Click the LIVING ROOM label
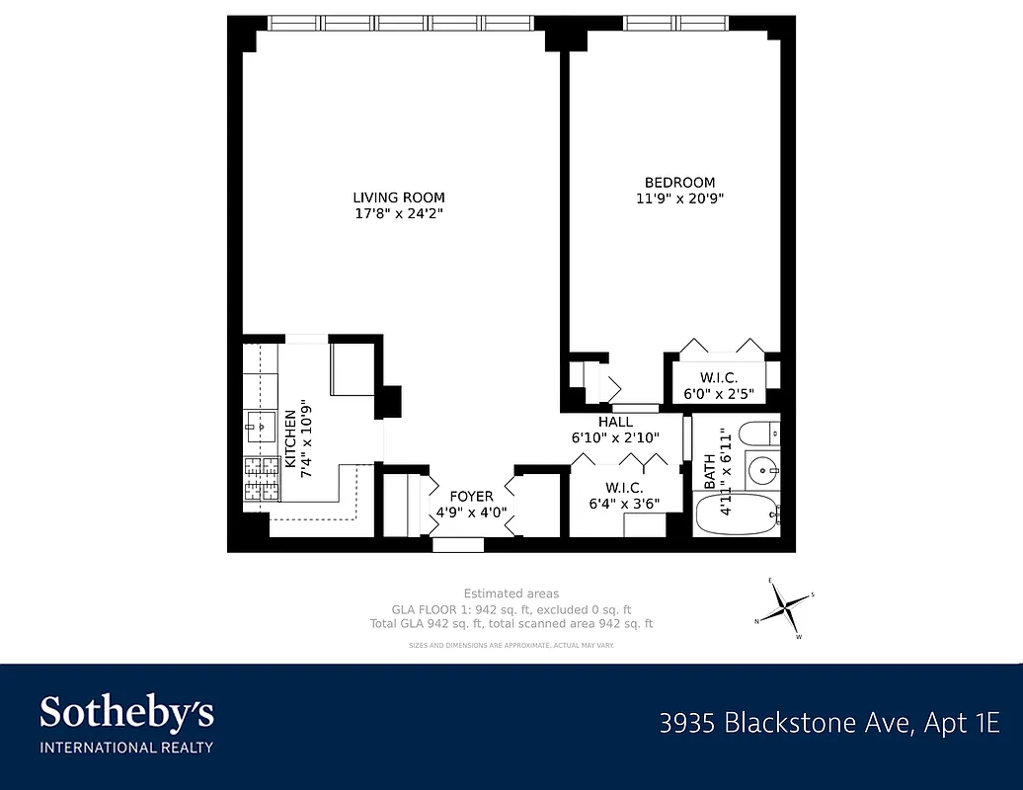point(399,197)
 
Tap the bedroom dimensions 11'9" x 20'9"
point(680,198)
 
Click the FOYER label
point(471,497)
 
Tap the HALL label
point(615,422)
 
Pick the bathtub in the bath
point(737,514)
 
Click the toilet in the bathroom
point(757,434)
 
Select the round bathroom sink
point(762,471)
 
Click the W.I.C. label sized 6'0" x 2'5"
point(719,377)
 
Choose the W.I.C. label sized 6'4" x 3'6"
point(623,488)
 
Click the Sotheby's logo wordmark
point(126,712)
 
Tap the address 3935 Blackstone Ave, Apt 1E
point(829,723)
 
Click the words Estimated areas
point(511,593)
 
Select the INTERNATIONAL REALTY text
point(126,747)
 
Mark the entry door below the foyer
point(458,544)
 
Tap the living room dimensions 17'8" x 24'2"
point(399,213)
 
